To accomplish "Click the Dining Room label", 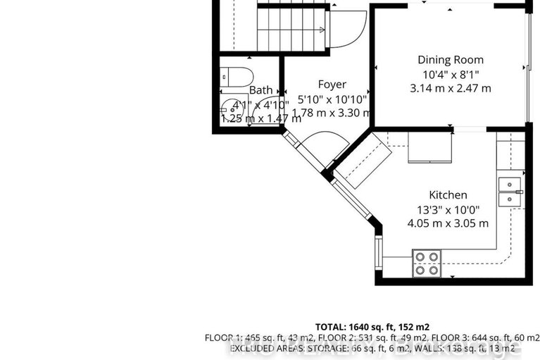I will [x=451, y=60].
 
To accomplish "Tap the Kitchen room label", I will [x=448, y=194].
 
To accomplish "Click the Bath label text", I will [x=260, y=90].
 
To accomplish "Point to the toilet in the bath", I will [x=232, y=75].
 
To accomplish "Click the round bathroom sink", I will [x=230, y=108].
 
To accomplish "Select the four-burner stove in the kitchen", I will [x=426, y=263].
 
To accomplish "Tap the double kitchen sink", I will [x=509, y=192].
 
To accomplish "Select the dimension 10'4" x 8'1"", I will [x=451, y=74].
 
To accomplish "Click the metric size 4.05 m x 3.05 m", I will [x=448, y=223].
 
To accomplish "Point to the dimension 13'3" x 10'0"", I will [x=448, y=209].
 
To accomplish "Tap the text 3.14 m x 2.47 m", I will [x=451, y=88].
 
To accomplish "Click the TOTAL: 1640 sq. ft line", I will [x=372, y=327].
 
